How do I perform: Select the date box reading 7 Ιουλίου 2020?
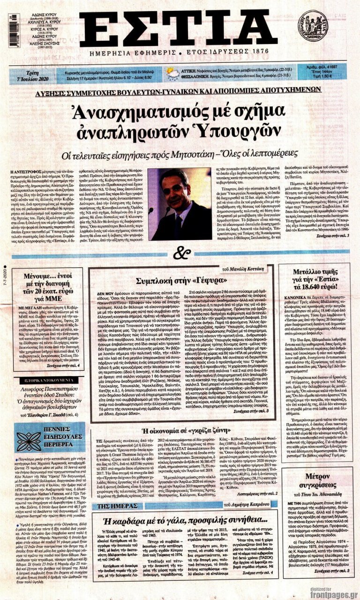pyautogui.click(x=29, y=73)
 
